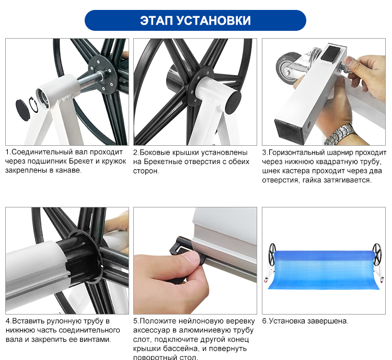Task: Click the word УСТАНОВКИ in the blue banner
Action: (x=213, y=20)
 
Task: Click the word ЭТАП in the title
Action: (x=156, y=20)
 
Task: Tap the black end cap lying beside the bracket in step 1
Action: (x=23, y=110)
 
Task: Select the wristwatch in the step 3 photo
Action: (x=341, y=135)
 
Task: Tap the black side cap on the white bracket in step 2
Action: (x=233, y=102)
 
